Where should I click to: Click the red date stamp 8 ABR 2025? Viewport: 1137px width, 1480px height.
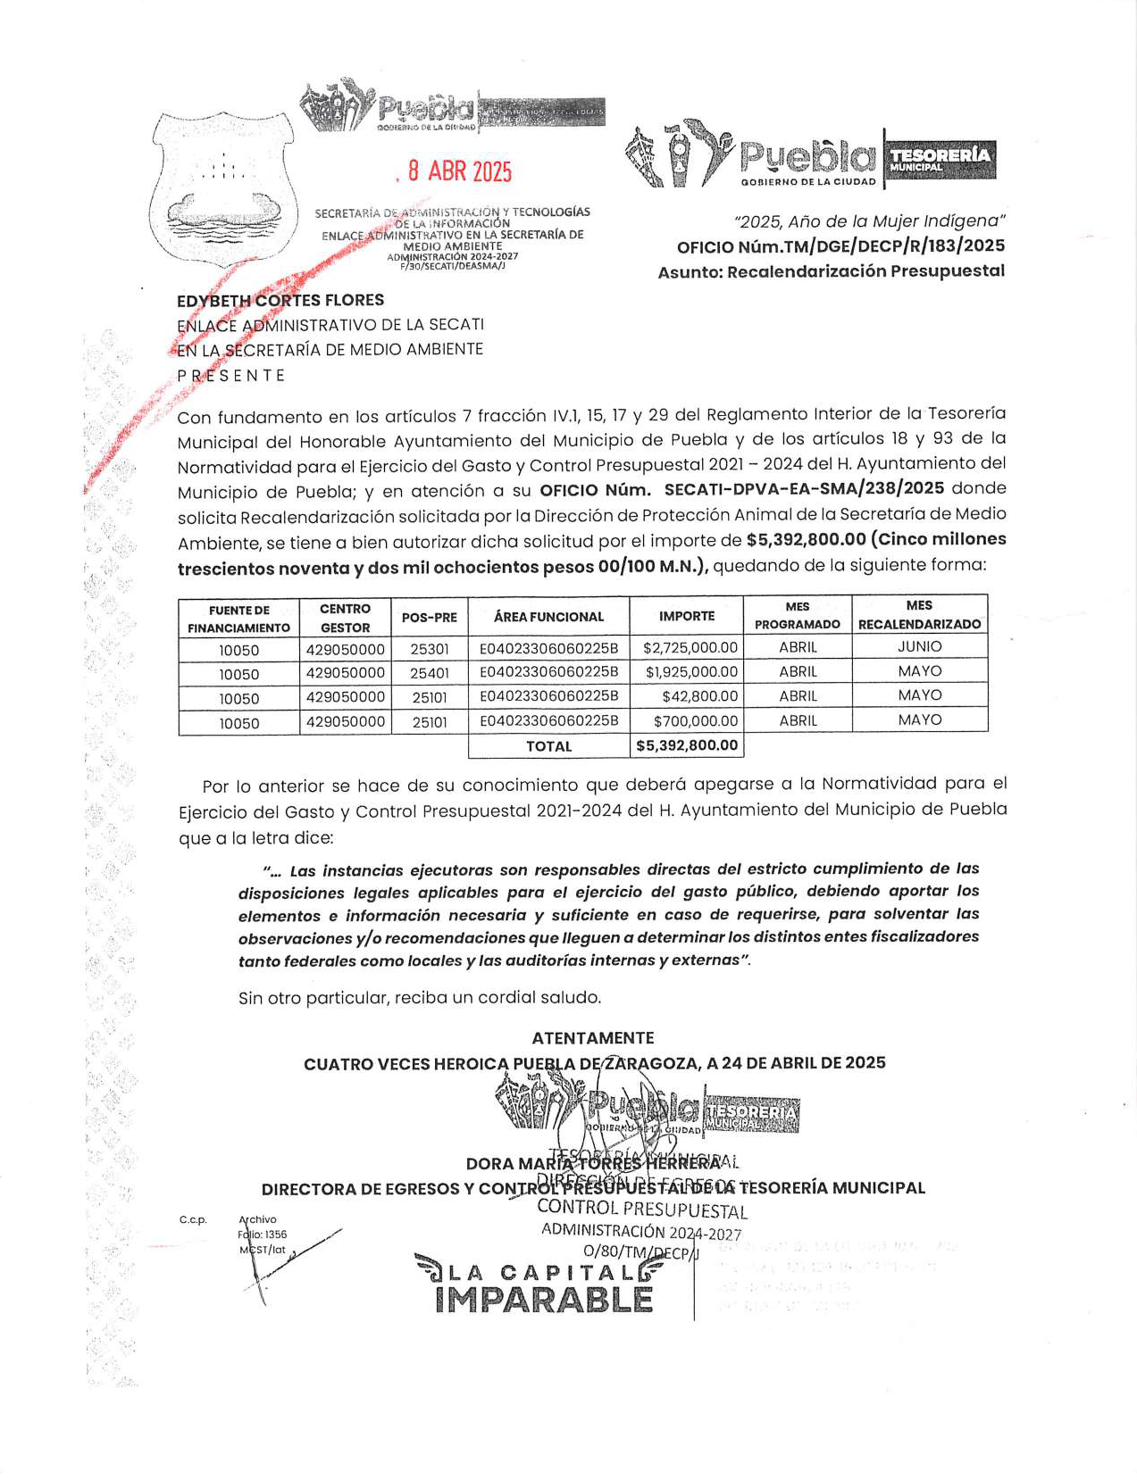(460, 171)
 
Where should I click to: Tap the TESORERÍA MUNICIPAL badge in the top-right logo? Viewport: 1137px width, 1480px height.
(940, 158)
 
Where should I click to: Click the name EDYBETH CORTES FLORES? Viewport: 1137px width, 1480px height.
(280, 300)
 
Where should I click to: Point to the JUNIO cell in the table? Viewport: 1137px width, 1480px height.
(919, 646)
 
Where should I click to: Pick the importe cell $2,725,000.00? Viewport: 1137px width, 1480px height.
(690, 647)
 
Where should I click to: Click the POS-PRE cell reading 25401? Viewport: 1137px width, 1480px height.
(430, 672)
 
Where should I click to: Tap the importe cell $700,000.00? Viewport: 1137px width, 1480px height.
(696, 720)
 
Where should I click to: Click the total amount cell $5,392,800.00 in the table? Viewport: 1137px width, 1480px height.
(686, 745)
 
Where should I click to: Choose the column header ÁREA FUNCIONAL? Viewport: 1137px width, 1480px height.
(548, 616)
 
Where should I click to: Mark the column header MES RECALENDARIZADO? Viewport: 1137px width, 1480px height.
(919, 614)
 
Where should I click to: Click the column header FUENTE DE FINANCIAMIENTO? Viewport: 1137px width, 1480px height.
(238, 619)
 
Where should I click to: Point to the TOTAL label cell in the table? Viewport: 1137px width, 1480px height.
(548, 746)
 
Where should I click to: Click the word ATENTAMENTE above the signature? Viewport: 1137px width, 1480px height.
(593, 1037)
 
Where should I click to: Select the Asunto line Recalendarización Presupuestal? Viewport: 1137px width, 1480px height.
(865, 271)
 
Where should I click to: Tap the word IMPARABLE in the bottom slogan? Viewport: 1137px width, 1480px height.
(544, 1300)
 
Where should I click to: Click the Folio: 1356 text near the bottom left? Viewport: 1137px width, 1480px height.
(263, 1235)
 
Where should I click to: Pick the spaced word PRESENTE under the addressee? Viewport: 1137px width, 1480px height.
(231, 376)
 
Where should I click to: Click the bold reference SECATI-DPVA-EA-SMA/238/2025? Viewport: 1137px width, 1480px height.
(804, 488)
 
